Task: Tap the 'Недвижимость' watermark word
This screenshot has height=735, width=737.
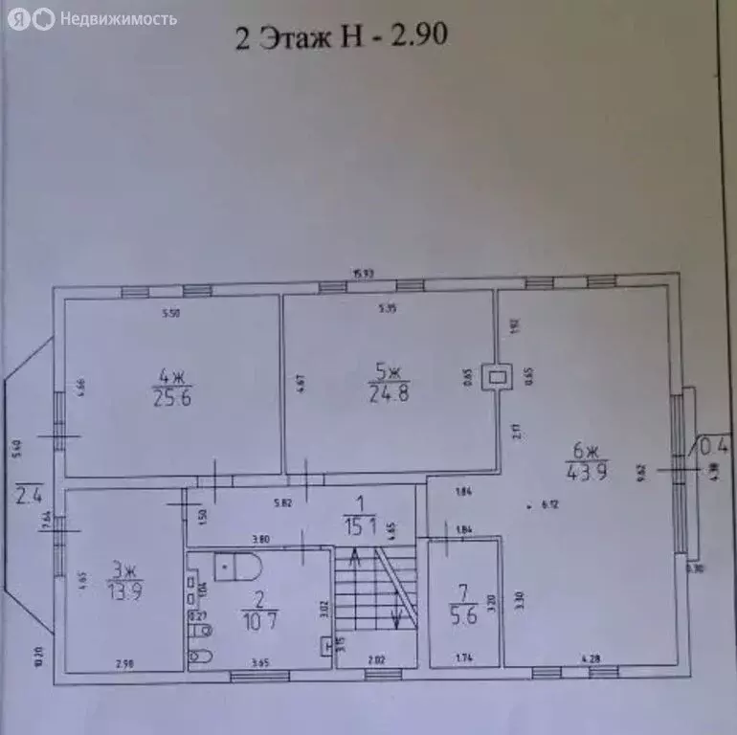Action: click(x=118, y=18)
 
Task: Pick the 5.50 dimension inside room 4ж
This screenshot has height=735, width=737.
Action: click(x=170, y=312)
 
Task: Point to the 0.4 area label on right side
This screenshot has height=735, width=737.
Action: click(x=713, y=445)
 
